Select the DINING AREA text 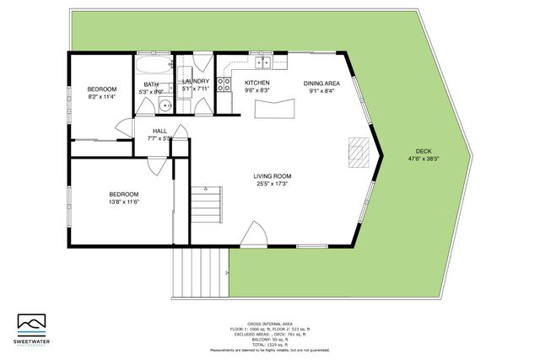(322, 83)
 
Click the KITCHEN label (256, 83)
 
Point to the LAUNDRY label (195, 83)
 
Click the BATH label (151, 84)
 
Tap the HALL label (159, 131)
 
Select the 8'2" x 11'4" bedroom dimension (102, 96)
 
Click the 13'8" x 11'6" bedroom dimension (99, 201)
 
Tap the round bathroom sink (165, 105)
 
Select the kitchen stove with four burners (224, 84)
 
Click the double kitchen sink (262, 62)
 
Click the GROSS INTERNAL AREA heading (270, 324)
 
